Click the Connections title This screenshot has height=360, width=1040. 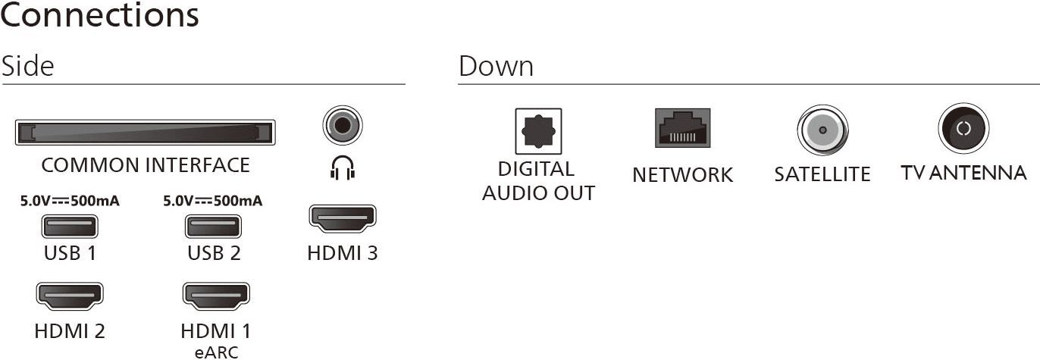click(99, 16)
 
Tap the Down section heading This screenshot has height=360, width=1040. click(496, 66)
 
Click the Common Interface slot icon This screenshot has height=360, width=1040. click(144, 133)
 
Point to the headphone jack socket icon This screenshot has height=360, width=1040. click(342, 125)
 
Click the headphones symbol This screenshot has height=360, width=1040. click(342, 169)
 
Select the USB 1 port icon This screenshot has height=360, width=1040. click(70, 227)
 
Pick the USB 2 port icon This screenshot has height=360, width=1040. click(213, 227)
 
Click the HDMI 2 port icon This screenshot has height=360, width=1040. click(70, 296)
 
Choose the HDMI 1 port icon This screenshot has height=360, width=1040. click(215, 296)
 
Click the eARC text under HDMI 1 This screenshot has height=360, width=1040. click(215, 351)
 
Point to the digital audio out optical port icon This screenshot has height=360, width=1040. click(538, 131)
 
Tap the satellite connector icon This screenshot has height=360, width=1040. click(822, 130)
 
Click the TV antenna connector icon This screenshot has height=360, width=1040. click(963, 129)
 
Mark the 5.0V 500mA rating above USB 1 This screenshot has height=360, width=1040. click(70, 202)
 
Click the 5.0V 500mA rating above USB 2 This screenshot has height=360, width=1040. click(213, 202)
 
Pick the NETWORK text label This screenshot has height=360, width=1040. click(682, 174)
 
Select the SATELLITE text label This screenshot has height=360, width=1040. click(822, 174)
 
